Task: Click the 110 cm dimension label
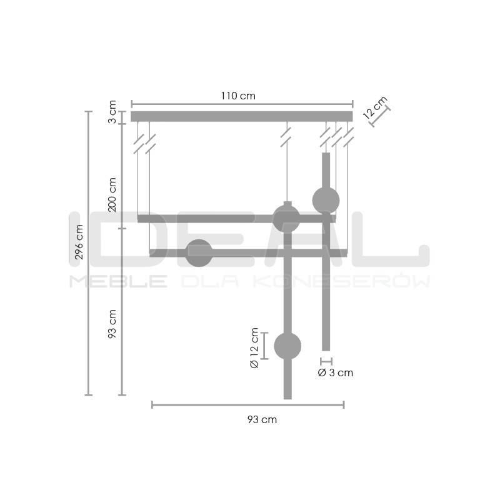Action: tap(238, 96)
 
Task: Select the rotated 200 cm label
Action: tap(112, 194)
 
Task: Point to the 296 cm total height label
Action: tap(79, 242)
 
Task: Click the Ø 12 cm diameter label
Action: tap(254, 347)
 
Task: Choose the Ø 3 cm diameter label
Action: tap(335, 373)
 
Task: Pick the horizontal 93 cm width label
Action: tap(261, 420)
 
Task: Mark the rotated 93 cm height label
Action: tap(112, 324)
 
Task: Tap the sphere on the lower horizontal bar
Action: tap(199, 252)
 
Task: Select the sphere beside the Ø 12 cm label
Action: tap(287, 346)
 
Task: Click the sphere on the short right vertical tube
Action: tap(326, 200)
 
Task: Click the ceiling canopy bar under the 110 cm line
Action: tap(241, 116)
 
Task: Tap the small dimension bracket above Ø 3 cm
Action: tap(326, 361)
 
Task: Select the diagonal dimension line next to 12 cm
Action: tap(380, 116)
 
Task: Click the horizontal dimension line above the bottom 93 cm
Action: tap(247, 405)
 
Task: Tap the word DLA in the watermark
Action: tap(209, 281)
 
